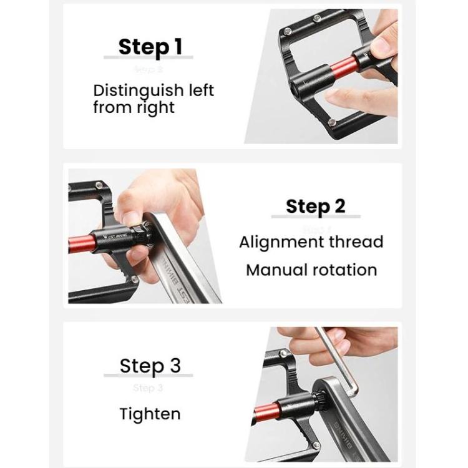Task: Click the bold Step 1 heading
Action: (x=152, y=46)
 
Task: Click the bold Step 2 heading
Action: (x=315, y=206)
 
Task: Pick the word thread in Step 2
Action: (x=358, y=242)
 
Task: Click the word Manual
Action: (x=276, y=270)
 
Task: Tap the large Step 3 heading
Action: (x=150, y=365)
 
